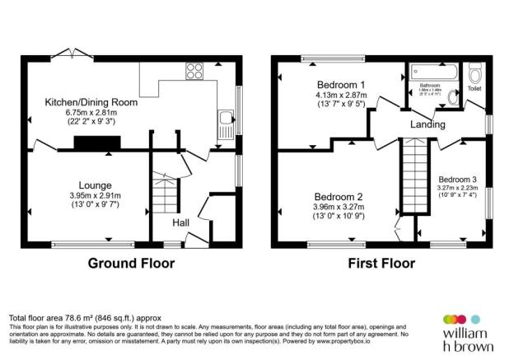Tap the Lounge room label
click(x=96, y=185)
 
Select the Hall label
click(x=181, y=222)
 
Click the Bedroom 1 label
click(x=340, y=85)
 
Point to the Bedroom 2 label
click(x=338, y=197)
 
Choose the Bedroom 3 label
click(x=458, y=179)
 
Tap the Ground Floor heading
click(x=131, y=264)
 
